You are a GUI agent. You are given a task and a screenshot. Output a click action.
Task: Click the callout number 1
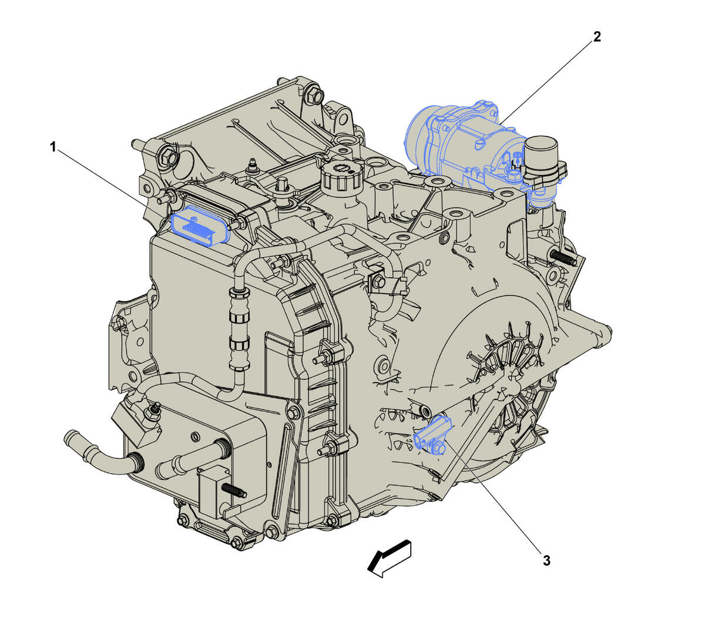(53, 147)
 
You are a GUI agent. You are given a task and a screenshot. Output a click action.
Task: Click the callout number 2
(597, 36)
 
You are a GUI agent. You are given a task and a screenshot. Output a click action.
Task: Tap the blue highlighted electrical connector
(201, 226)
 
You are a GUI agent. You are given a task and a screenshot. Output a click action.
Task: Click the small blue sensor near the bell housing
(433, 435)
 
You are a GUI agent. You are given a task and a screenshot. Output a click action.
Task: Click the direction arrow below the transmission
(390, 559)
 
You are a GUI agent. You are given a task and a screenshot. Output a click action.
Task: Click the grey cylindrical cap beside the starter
(540, 153)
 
